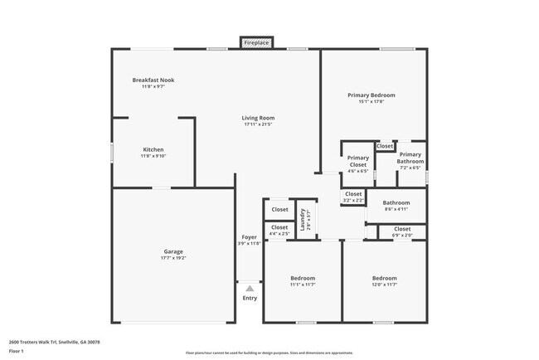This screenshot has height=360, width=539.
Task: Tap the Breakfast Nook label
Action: coord(153,80)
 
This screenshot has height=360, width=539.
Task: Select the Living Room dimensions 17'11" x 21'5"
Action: coord(258,124)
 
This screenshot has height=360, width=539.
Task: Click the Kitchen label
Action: coord(153,149)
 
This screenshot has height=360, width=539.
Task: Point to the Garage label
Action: coord(173,251)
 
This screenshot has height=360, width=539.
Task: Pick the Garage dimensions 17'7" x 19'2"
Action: coord(173,258)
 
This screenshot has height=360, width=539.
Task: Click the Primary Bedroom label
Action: coord(371,95)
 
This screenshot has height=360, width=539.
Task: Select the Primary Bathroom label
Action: coord(410,158)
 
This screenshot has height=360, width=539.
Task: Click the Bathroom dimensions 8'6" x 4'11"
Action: coord(396,210)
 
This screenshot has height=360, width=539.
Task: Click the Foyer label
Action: coord(249,237)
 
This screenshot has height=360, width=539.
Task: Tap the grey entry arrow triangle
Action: coord(249,288)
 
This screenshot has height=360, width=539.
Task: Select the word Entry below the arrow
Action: coord(250,298)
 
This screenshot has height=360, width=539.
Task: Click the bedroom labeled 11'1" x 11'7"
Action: coord(303,281)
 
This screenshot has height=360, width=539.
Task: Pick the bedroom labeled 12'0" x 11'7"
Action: coord(384,281)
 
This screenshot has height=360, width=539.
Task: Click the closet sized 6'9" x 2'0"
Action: coord(401,232)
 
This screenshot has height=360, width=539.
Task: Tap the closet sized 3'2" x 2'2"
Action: coord(353,197)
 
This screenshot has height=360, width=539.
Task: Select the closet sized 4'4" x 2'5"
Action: coord(279,230)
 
